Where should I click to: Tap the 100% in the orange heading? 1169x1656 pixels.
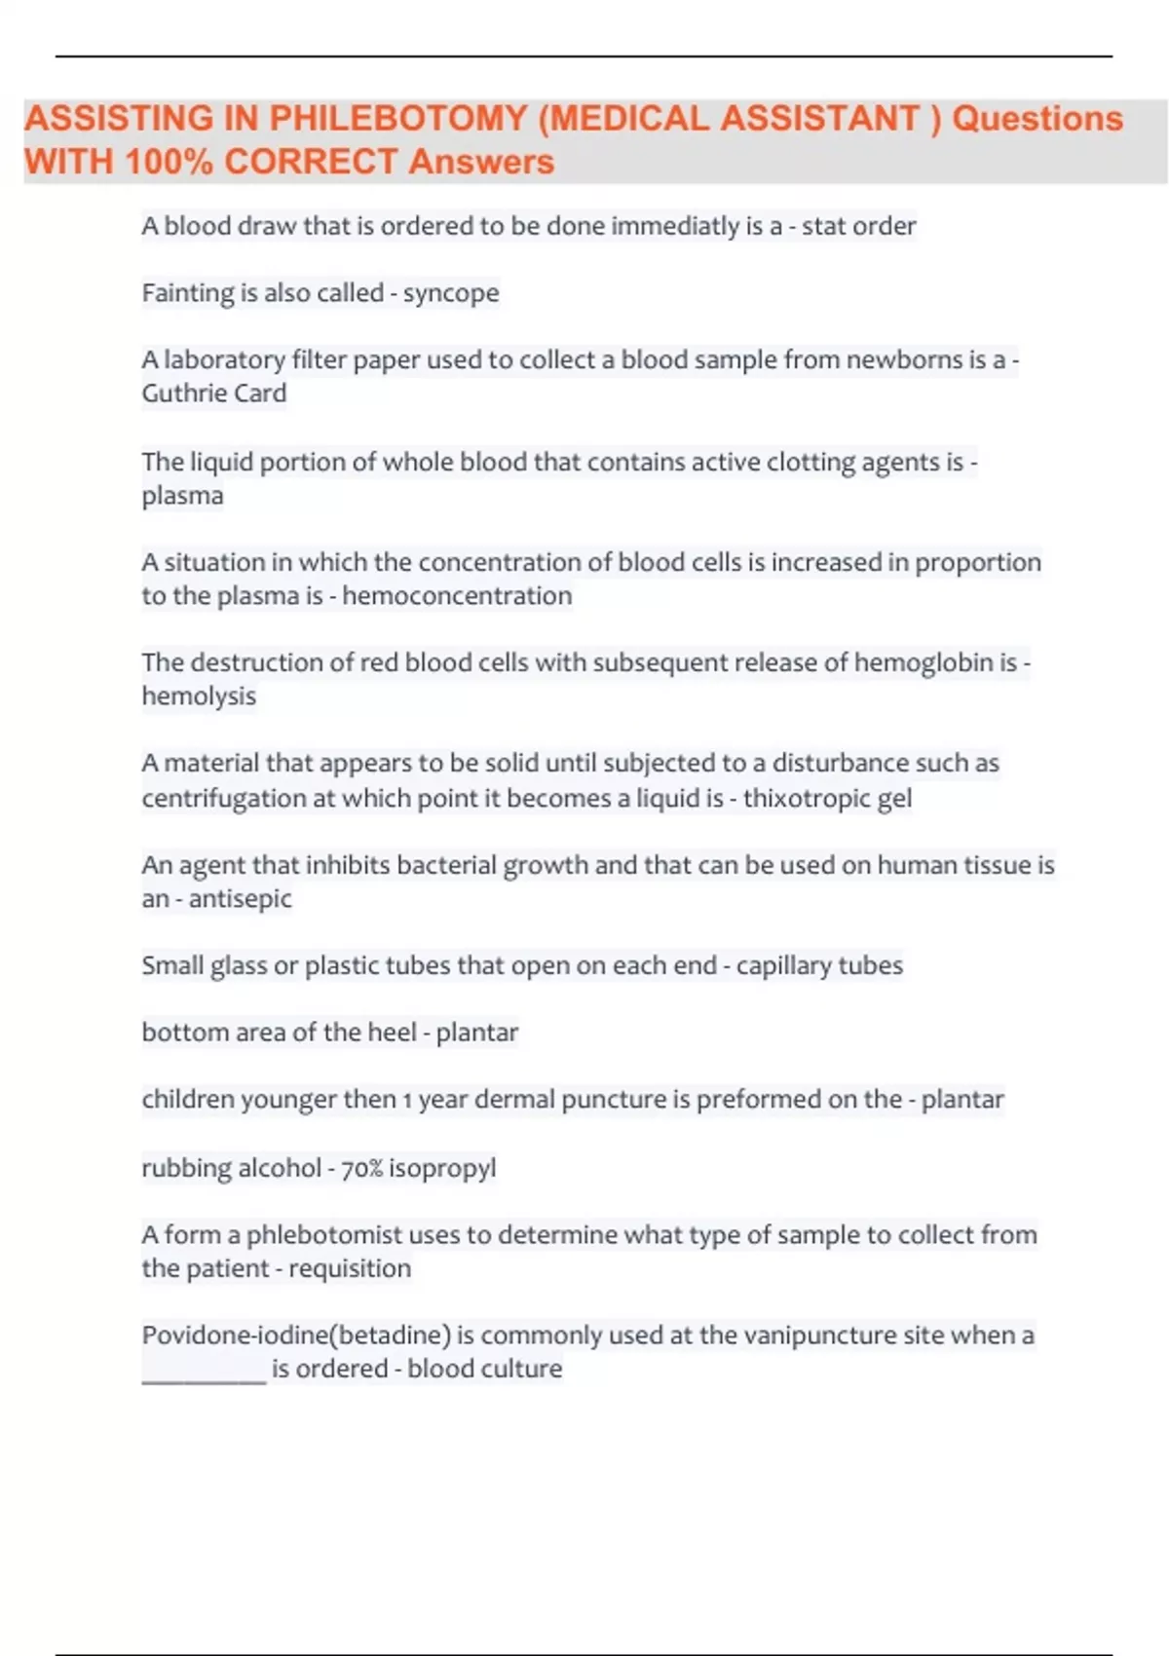pos(169,162)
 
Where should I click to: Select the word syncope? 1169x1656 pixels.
pos(451,293)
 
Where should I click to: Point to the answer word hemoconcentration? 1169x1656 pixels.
pos(457,596)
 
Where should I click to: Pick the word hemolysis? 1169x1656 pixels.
pos(199,696)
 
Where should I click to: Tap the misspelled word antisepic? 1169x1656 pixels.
pos(240,899)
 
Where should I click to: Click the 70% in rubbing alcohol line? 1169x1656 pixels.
pos(361,1168)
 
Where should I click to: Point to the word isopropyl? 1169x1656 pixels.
pos(442,1168)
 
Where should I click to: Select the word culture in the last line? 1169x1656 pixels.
pos(526,1369)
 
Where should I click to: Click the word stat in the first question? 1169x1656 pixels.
pos(823,226)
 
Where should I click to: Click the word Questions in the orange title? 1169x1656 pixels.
pos(1037,119)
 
